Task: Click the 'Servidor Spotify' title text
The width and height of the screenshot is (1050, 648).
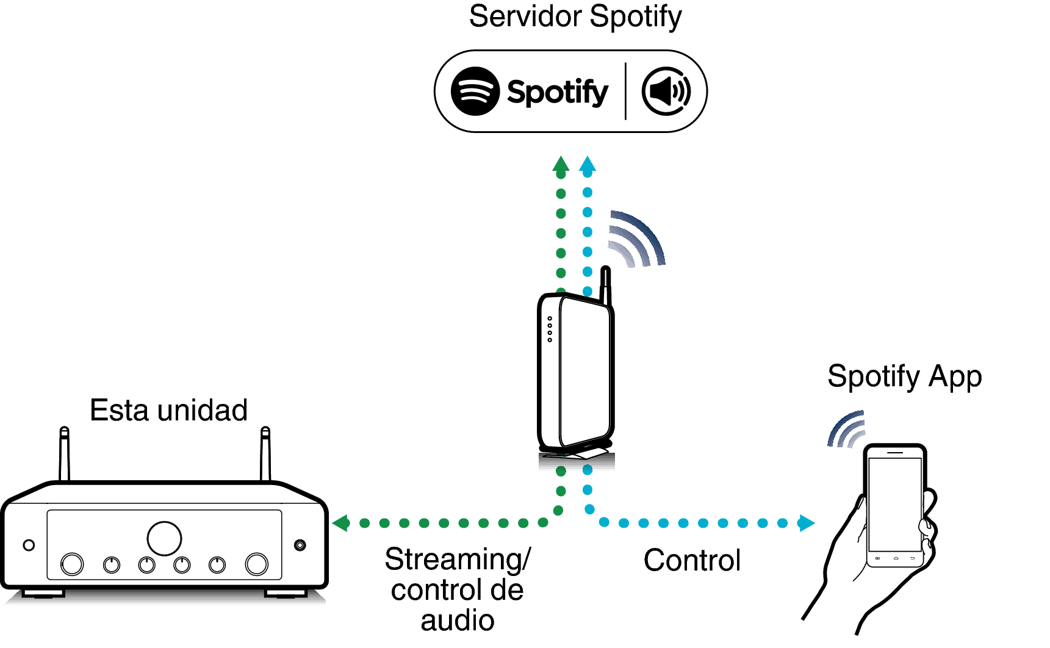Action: [575, 17]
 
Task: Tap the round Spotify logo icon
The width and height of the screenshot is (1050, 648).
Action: [475, 91]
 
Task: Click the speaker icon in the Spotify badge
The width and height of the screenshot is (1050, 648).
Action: [666, 91]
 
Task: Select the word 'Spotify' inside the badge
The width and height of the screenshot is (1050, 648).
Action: [558, 92]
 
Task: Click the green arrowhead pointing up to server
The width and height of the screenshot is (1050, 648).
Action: [561, 165]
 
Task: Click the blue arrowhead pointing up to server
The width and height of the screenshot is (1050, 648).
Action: [587, 165]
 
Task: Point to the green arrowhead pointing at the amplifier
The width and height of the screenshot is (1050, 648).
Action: [340, 523]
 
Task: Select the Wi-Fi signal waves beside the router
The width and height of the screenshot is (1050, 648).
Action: [636, 240]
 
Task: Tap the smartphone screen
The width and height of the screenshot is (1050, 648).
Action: [894, 503]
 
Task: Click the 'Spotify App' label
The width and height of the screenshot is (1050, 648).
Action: [904, 376]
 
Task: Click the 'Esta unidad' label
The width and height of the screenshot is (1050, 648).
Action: [168, 410]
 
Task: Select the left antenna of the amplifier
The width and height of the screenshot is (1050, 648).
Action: [64, 455]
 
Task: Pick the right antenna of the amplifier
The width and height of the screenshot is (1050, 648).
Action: [265, 455]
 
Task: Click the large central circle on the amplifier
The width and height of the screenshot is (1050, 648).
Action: [164, 538]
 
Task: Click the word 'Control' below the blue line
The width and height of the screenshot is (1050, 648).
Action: [692, 560]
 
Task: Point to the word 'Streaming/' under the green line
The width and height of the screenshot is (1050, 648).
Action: [458, 560]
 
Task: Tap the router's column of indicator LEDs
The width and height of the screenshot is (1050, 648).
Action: [550, 329]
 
